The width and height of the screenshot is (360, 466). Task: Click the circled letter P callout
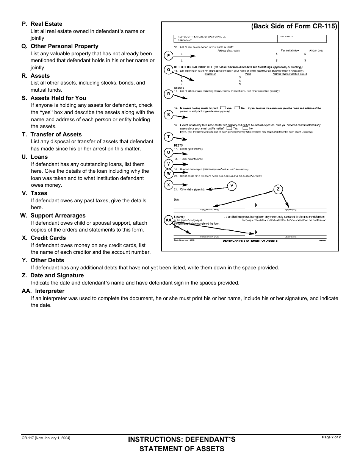click(x=169, y=56)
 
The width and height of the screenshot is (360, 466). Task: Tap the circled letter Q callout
click(x=169, y=70)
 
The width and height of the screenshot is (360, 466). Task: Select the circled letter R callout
click(x=169, y=94)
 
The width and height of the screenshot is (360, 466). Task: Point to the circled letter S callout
click(x=169, y=114)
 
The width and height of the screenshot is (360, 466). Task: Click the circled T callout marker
click(x=169, y=136)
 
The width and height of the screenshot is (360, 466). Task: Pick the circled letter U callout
click(x=169, y=153)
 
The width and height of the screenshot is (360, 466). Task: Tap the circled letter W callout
click(x=169, y=174)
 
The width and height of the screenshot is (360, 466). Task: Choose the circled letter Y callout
click(x=232, y=186)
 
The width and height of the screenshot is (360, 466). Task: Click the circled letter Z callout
click(x=278, y=189)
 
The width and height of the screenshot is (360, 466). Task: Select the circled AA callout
click(x=169, y=220)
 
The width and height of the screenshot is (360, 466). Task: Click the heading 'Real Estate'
click(x=46, y=24)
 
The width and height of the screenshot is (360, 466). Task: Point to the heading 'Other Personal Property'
click(x=64, y=46)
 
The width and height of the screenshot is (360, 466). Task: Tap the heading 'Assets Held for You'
click(x=58, y=98)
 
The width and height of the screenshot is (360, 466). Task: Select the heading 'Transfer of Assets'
click(x=56, y=134)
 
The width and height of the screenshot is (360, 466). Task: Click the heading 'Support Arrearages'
click(x=58, y=216)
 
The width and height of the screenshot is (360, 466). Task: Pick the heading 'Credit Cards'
click(x=48, y=238)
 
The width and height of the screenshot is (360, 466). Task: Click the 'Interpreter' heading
click(x=50, y=291)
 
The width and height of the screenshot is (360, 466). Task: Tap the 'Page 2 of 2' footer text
click(x=331, y=437)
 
